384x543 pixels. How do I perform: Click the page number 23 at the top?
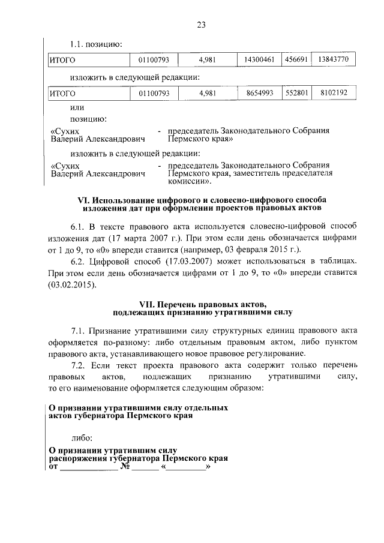pyautogui.click(x=201, y=25)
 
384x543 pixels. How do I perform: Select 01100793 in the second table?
pyautogui.click(x=154, y=94)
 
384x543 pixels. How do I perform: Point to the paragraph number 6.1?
pyautogui.click(x=79, y=226)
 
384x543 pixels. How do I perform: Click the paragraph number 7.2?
pyautogui.click(x=79, y=365)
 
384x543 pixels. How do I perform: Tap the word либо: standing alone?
pyautogui.click(x=82, y=439)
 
